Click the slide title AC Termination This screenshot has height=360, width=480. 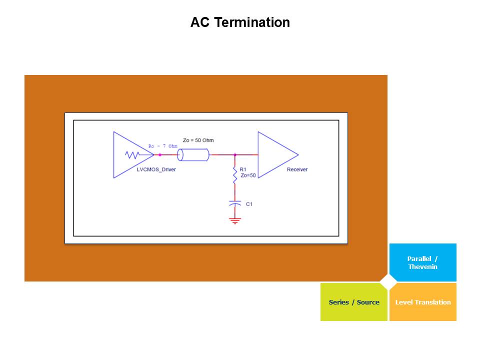(240, 23)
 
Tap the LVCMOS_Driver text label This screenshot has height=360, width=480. (156, 170)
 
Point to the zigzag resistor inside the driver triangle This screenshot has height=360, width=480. (132, 155)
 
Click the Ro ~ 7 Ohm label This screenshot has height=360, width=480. (163, 146)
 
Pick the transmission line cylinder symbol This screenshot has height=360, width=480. (193, 155)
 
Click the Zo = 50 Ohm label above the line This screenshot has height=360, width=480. (198, 140)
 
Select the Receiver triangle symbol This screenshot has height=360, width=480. (275, 154)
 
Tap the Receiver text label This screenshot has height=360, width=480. (297, 170)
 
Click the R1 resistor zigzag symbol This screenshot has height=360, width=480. (234, 176)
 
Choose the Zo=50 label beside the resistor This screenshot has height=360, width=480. (248, 175)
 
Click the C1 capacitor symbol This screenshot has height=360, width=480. (234, 204)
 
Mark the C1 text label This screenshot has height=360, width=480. (249, 204)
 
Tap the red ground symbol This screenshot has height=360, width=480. (234, 220)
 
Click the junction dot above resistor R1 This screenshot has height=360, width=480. (234, 155)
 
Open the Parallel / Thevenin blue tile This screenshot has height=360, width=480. (422, 262)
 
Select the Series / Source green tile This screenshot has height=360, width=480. (354, 302)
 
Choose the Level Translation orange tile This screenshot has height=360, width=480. (423, 302)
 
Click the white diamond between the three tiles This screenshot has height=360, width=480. (388, 282)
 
